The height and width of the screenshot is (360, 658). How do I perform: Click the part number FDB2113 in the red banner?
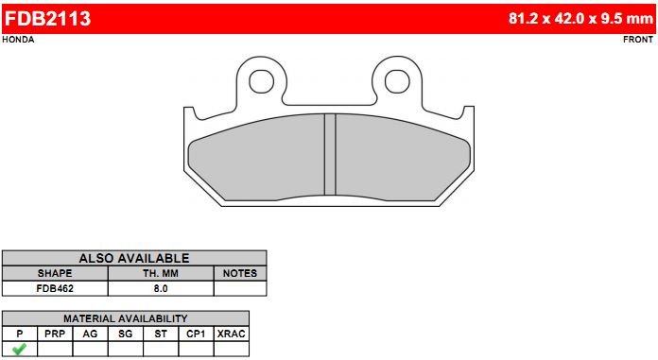pos(47,19)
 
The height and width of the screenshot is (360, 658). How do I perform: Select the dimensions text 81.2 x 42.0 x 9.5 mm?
pos(580,19)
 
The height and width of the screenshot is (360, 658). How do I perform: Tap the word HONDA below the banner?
pos(19,40)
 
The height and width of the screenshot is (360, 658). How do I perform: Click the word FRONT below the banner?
pos(638,40)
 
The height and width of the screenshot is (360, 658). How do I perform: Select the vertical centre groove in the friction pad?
pos(330,154)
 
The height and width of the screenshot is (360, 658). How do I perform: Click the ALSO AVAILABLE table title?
pos(134,258)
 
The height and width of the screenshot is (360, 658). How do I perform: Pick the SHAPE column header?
pos(55,273)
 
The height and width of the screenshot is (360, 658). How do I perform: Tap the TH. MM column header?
pos(161,273)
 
